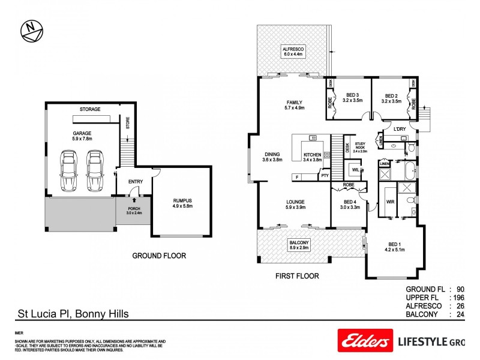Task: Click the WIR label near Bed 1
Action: click(389, 202)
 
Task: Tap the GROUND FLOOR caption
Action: click(159, 256)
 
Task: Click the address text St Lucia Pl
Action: click(71, 313)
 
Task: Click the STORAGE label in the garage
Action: click(91, 109)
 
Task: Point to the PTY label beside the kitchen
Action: click(325, 176)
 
